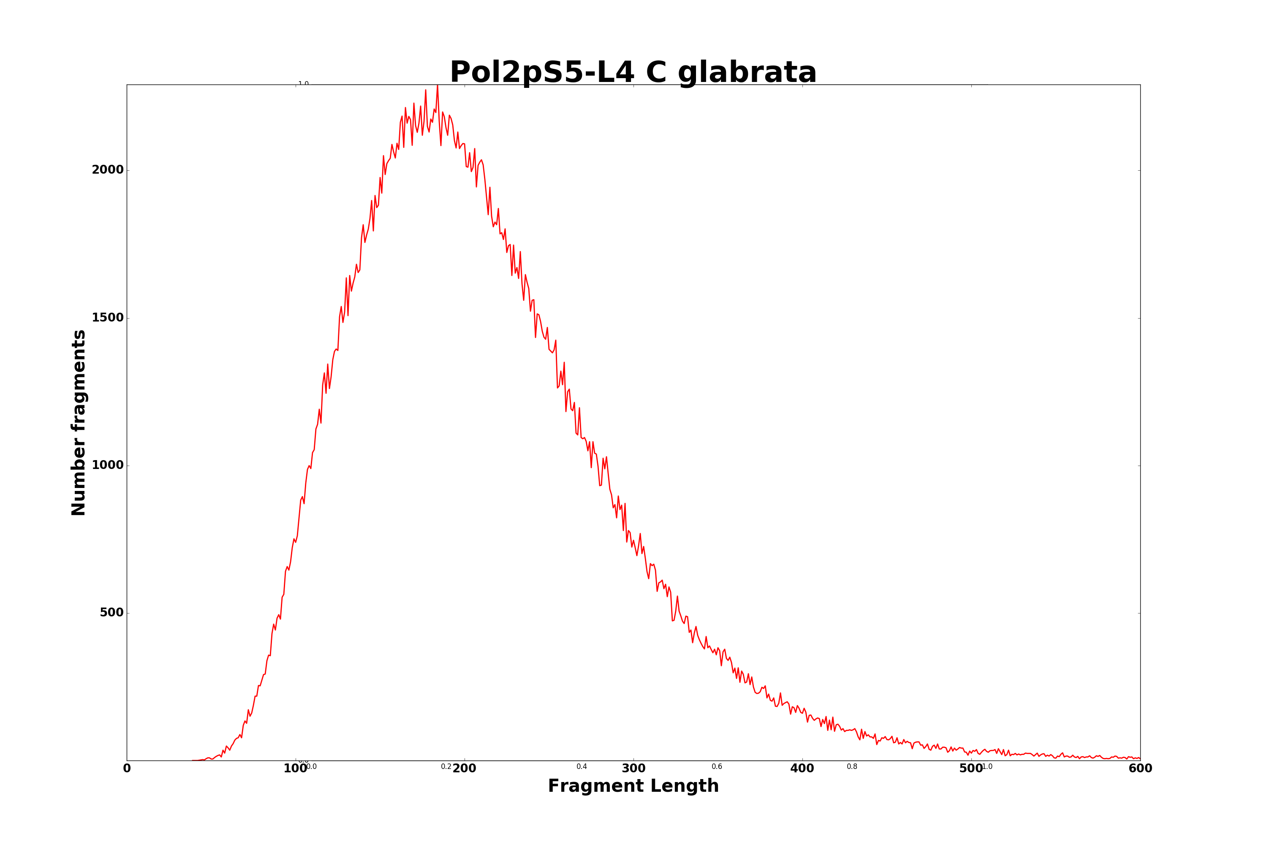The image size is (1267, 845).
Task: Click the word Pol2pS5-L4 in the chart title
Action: pos(542,72)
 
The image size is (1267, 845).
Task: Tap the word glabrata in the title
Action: pos(747,72)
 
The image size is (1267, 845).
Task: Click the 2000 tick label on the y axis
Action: pos(108,170)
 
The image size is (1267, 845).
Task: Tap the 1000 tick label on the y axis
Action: pos(108,465)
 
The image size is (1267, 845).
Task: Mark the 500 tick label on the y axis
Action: pos(111,613)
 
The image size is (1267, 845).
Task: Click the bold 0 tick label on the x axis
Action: pos(127,769)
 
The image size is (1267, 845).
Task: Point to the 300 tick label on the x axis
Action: pos(633,769)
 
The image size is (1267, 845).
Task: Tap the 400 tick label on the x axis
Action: pos(802,769)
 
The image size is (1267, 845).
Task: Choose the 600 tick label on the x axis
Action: pos(1140,769)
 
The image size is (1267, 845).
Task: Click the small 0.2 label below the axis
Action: pos(446,766)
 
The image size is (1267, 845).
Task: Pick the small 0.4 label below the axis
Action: pos(582,766)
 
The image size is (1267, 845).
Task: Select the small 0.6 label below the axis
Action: pos(717,766)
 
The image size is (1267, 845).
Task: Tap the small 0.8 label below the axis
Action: pos(852,766)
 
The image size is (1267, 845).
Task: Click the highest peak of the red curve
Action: pos(438,86)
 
